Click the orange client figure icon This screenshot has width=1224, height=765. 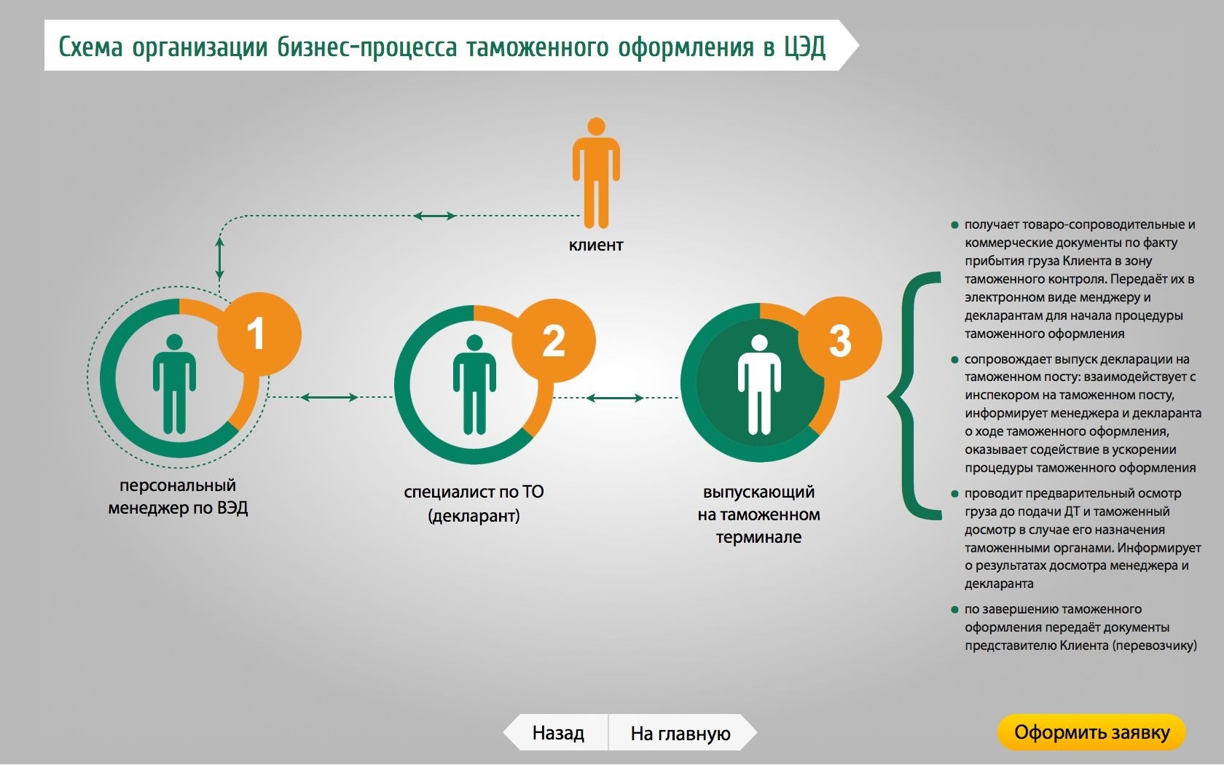(x=596, y=173)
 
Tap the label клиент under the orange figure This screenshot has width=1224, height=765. (x=596, y=246)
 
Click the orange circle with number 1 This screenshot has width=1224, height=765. (x=259, y=334)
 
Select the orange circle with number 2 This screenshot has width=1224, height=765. (x=554, y=340)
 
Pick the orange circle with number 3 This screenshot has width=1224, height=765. (x=840, y=340)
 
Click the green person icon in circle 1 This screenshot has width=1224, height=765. (x=174, y=384)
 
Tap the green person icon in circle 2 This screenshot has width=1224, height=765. (x=474, y=385)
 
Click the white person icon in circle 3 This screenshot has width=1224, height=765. (x=759, y=385)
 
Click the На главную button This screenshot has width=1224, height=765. (x=680, y=733)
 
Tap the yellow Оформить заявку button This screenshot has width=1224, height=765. (x=1091, y=732)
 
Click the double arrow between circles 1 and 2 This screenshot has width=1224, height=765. (x=329, y=397)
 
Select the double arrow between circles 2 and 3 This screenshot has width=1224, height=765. (x=615, y=398)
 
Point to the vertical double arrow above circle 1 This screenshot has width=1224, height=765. (x=220, y=258)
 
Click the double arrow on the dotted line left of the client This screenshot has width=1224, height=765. (x=435, y=216)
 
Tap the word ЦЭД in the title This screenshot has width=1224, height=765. (x=805, y=47)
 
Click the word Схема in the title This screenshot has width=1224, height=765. (x=90, y=47)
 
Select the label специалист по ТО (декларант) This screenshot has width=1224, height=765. (x=474, y=503)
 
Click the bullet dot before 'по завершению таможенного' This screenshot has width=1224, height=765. (x=954, y=609)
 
